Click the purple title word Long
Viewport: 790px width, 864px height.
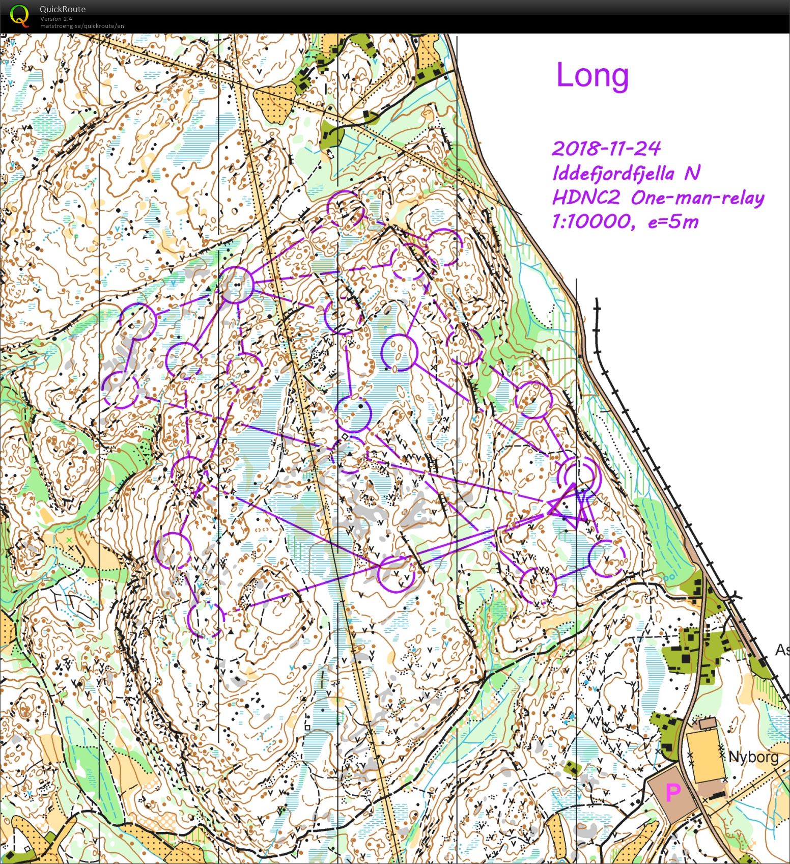tap(592, 75)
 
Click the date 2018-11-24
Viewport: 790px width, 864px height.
tap(606, 149)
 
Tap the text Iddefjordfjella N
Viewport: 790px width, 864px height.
tap(626, 173)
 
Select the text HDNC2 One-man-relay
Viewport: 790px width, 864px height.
tap(658, 198)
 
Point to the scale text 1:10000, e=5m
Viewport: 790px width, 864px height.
tap(625, 221)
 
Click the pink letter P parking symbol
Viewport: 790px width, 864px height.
tap(673, 792)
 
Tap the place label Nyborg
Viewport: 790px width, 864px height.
tap(753, 757)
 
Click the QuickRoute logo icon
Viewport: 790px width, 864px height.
tap(19, 15)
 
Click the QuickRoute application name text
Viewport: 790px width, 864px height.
tap(62, 9)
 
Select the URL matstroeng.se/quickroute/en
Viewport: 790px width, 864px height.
tap(82, 26)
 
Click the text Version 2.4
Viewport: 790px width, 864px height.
tap(56, 19)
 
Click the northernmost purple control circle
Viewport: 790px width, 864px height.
tap(346, 209)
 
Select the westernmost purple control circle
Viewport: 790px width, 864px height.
tap(120, 390)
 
